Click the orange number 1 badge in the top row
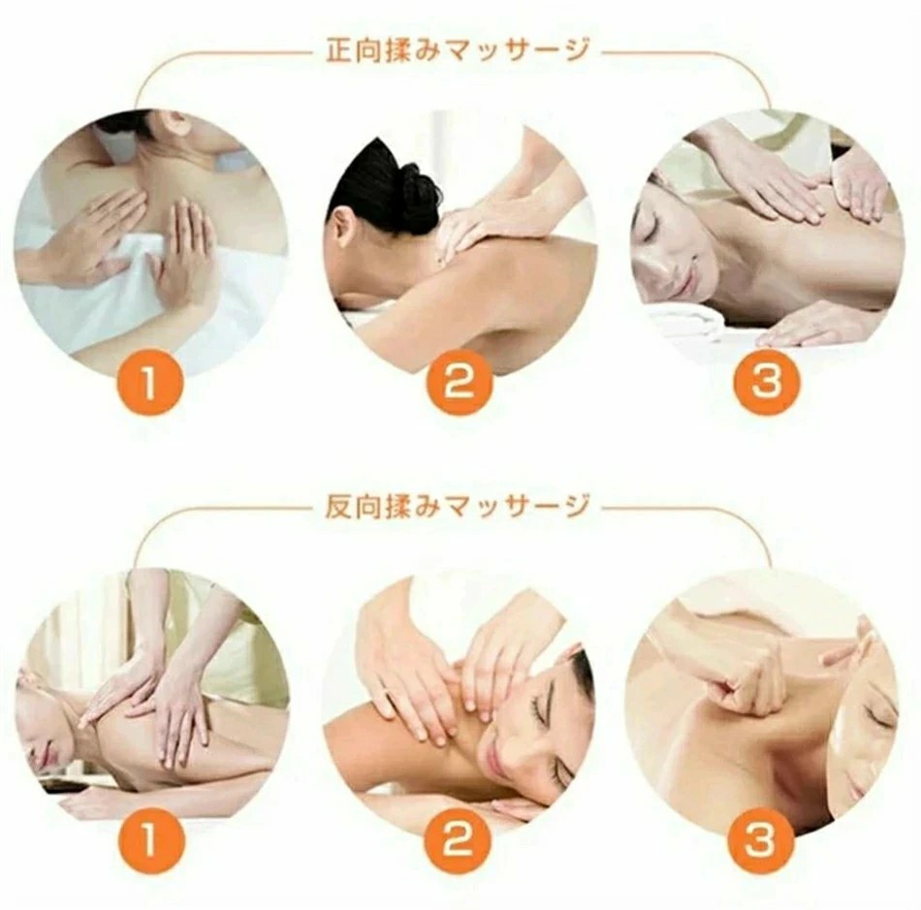[149, 384]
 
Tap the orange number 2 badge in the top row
[459, 384]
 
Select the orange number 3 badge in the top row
[767, 382]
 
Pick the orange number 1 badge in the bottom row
[149, 840]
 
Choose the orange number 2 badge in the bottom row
[459, 840]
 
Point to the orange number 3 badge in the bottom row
[760, 840]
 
